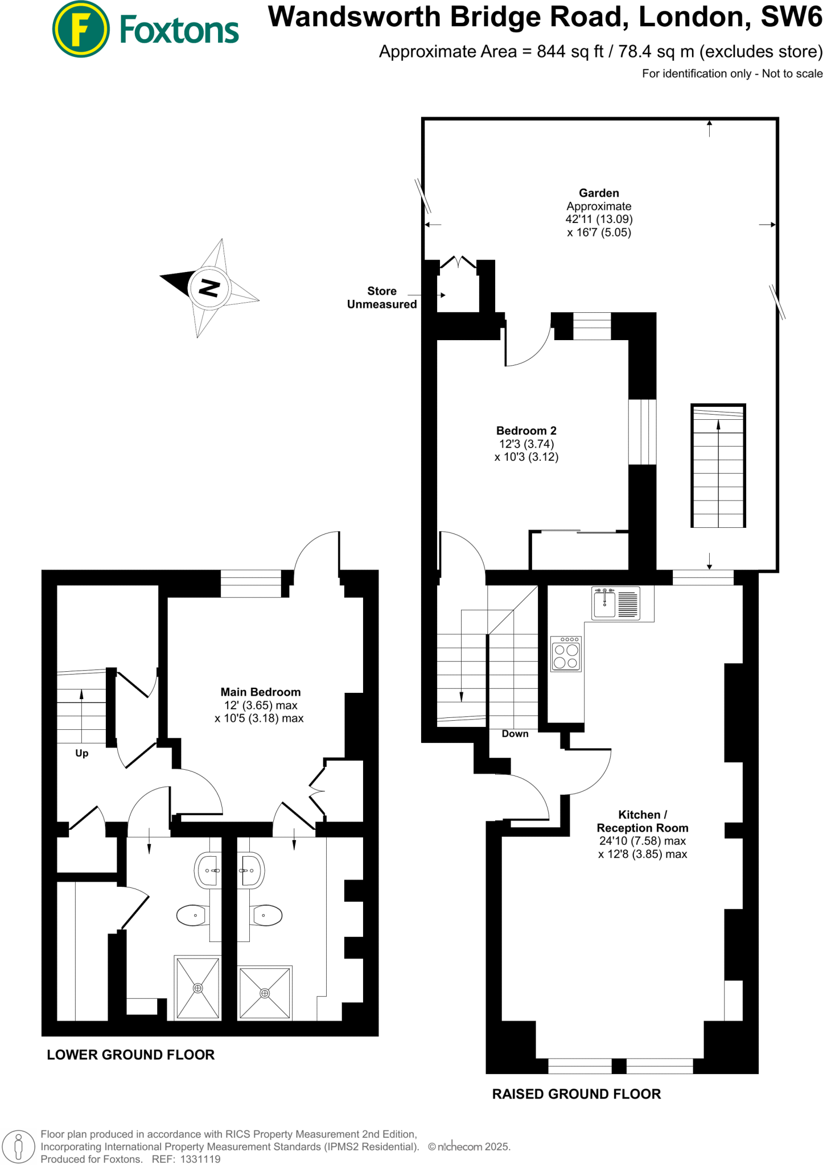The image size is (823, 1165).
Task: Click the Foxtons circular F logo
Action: point(80,30)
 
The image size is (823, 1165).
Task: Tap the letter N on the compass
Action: point(209,288)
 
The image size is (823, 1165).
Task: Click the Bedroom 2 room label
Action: point(526,431)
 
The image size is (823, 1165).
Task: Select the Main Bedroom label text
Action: point(260,692)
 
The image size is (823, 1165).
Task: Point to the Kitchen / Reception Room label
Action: point(642,821)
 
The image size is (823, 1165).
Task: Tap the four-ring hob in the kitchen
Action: point(566,654)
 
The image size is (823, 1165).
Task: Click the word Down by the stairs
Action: point(515,734)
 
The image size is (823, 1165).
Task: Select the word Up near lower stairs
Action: point(81,753)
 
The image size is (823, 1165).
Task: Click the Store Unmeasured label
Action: point(382,298)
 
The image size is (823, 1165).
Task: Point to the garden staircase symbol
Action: point(718,466)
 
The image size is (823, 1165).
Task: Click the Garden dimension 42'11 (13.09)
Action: point(599,219)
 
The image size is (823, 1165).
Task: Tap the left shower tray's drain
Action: point(197,988)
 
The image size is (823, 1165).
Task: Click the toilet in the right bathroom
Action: point(266,915)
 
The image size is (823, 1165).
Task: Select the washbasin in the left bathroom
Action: point(207,870)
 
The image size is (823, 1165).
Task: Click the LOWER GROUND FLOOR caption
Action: point(130,1055)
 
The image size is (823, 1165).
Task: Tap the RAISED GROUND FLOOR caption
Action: point(576,1094)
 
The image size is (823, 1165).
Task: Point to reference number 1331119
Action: point(200,1159)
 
